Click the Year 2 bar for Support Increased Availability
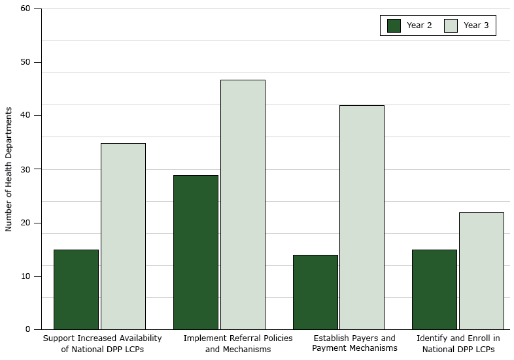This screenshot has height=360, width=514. click(76, 289)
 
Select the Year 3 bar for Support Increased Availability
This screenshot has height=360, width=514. click(123, 236)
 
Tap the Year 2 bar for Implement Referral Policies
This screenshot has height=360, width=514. click(196, 252)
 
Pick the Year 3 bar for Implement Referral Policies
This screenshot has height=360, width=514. click(243, 205)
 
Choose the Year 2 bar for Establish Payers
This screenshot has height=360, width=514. click(315, 292)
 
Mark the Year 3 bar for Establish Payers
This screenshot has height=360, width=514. click(362, 217)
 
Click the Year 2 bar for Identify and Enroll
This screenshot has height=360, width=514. click(434, 289)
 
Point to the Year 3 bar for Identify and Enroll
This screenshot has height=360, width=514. click(481, 270)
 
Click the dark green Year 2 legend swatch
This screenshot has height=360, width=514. click(394, 25)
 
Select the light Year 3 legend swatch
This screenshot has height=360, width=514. click(451, 25)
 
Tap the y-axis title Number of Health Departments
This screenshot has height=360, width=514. click(9, 169)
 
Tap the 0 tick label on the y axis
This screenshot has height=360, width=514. click(27, 329)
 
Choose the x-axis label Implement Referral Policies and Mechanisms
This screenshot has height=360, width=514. click(238, 344)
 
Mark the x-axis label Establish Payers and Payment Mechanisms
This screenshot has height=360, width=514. click(354, 344)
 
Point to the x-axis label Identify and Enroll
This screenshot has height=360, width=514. click(458, 344)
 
